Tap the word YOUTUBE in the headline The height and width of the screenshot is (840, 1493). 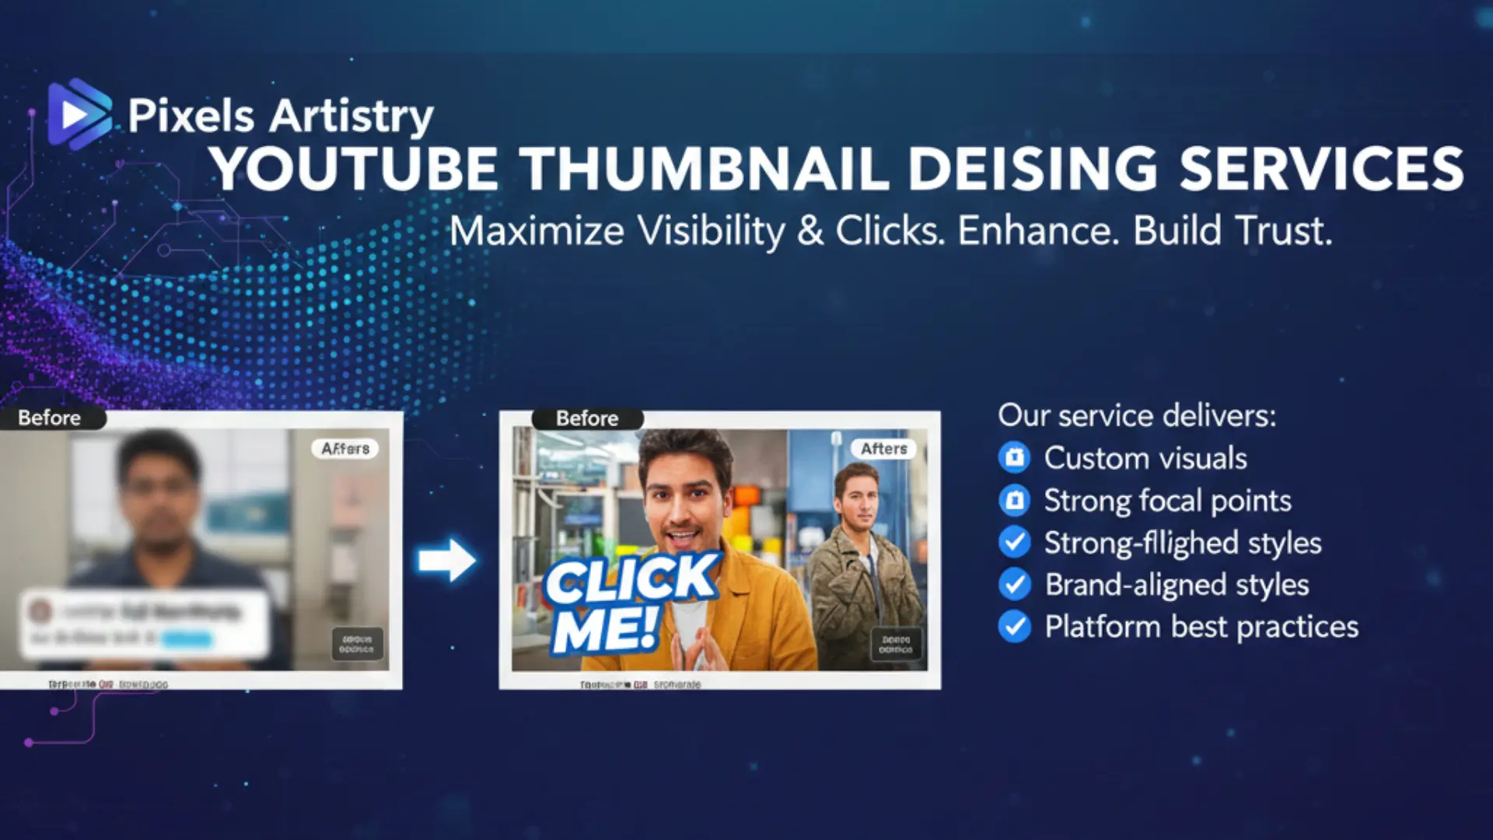coord(355,169)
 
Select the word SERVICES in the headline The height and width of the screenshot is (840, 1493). coord(1321,169)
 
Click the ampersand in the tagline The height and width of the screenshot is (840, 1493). coord(810,231)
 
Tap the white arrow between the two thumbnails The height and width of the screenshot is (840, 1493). coord(446,559)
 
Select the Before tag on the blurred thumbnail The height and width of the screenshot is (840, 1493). coord(50,418)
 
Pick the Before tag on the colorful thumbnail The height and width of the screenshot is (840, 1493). coord(587,418)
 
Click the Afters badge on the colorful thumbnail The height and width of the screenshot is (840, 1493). coord(884,449)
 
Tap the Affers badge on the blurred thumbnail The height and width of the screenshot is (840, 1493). coord(345,449)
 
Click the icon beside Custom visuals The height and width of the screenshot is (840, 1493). coord(1015,458)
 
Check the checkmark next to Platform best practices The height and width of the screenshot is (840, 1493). coord(1015,626)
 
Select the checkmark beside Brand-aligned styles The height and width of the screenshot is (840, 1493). coord(1015,584)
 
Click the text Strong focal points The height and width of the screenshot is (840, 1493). coord(1167,501)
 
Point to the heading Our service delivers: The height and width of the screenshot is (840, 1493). coord(1137,415)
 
